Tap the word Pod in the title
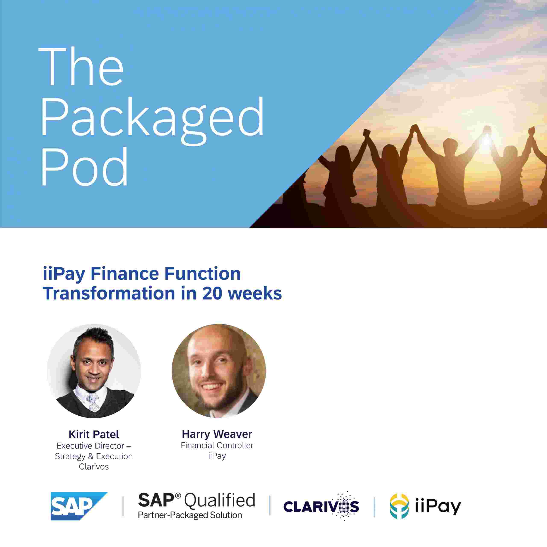coord(85,166)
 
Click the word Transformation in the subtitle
coord(109,294)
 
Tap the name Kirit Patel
coord(94,434)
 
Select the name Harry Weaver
coord(217,434)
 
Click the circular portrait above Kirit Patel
coord(94,371)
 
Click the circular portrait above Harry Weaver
coord(219,371)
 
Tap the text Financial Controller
coord(217,445)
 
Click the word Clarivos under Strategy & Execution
coord(94,467)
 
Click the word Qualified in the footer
coord(220,500)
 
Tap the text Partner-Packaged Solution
coord(190,515)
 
